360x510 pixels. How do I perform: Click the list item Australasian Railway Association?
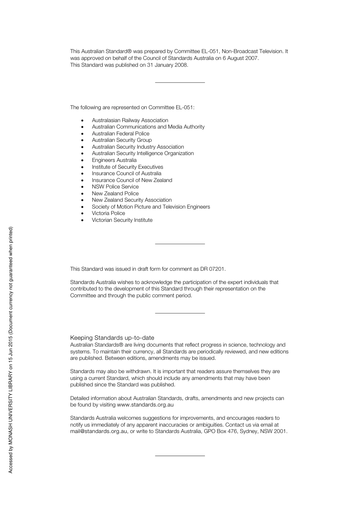pyautogui.click(x=130, y=120)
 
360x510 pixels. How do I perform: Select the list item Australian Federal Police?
pyautogui.click(x=121, y=133)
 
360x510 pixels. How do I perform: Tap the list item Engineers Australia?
pyautogui.click(x=114, y=160)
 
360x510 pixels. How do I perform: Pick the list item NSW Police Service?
pyautogui.click(x=115, y=187)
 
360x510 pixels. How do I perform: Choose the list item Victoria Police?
pyautogui.click(x=108, y=213)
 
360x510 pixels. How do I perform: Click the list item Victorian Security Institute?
pyautogui.click(x=122, y=220)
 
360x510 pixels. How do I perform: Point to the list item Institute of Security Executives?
pyautogui.click(x=127, y=167)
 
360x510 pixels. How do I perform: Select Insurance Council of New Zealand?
pyautogui.click(x=132, y=180)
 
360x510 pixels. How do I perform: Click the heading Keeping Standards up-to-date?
pyautogui.click(x=112, y=337)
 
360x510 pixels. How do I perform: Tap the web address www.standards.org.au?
pyautogui.click(x=145, y=405)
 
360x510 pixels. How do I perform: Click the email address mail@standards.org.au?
pyautogui.click(x=99, y=431)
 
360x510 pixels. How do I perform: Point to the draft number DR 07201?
pyautogui.click(x=212, y=269)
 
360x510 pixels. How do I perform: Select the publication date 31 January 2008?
pyautogui.click(x=167, y=65)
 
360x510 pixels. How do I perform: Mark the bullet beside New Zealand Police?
pyautogui.click(x=82, y=194)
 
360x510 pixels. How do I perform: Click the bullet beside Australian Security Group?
pyautogui.click(x=82, y=140)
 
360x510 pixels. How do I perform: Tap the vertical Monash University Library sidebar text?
pyautogui.click(x=11, y=350)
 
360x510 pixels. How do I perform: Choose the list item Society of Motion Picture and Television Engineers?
pyautogui.click(x=151, y=207)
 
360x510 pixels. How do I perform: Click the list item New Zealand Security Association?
pyautogui.click(x=131, y=200)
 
